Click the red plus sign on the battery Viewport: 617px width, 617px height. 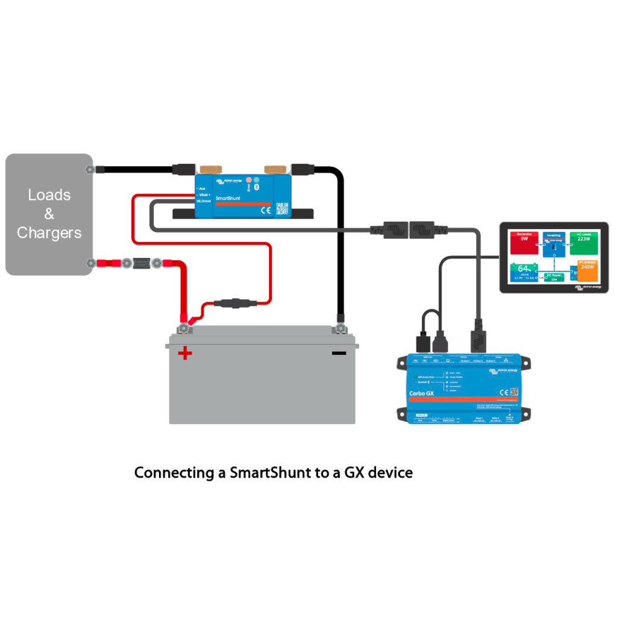[185, 353]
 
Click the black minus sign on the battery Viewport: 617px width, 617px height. [339, 353]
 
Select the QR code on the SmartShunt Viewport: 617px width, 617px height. [282, 208]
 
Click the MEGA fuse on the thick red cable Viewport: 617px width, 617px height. [142, 263]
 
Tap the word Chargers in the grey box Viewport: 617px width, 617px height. [49, 233]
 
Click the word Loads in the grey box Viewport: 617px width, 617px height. [49, 195]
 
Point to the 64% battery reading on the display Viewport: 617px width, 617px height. [522, 269]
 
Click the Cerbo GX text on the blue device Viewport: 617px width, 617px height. [422, 393]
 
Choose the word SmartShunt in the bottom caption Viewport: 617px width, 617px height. [270, 472]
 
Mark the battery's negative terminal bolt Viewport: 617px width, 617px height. [340, 329]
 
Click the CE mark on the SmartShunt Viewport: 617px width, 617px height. [266, 210]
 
